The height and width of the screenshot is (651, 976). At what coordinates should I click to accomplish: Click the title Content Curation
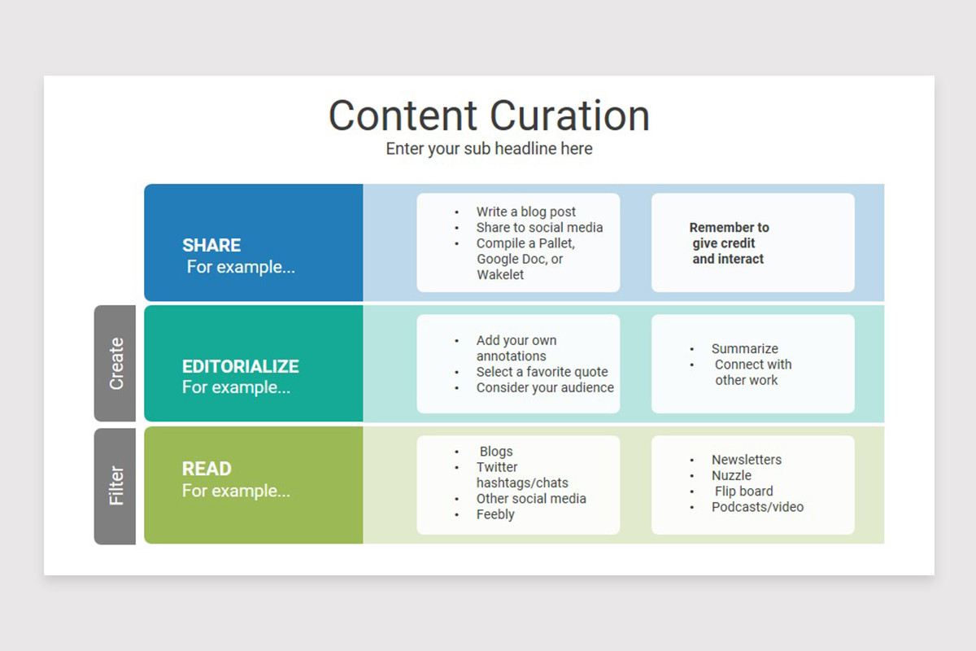click(489, 116)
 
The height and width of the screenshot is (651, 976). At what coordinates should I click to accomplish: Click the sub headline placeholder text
click(489, 149)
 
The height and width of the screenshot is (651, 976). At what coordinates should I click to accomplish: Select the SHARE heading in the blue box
click(211, 246)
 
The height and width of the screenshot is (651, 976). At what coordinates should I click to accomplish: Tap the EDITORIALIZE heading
click(240, 366)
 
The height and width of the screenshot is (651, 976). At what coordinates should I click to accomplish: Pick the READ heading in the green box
click(207, 469)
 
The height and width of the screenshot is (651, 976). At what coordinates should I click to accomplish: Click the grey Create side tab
click(115, 363)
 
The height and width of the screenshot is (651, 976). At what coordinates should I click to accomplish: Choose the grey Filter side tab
click(115, 486)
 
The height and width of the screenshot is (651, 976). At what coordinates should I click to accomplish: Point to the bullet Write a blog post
click(525, 212)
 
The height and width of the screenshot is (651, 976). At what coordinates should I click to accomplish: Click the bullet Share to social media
click(539, 227)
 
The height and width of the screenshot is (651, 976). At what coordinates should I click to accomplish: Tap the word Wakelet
click(500, 274)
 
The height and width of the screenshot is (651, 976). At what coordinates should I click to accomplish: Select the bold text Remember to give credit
click(728, 235)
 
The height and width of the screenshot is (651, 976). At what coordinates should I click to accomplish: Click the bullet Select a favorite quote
click(542, 372)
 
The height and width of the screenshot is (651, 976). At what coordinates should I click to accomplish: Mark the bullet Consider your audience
click(545, 387)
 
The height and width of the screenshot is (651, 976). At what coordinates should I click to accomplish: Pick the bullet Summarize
click(744, 348)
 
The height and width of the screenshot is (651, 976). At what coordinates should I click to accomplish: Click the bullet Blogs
click(496, 452)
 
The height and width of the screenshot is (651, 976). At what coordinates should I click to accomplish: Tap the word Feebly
click(495, 514)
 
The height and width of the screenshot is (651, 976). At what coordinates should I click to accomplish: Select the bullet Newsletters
click(746, 460)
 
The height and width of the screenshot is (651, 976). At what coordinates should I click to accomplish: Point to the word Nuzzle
click(731, 475)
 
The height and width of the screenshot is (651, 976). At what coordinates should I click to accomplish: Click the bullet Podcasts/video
click(757, 507)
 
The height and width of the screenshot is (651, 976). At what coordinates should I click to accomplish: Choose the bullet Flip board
click(743, 492)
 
